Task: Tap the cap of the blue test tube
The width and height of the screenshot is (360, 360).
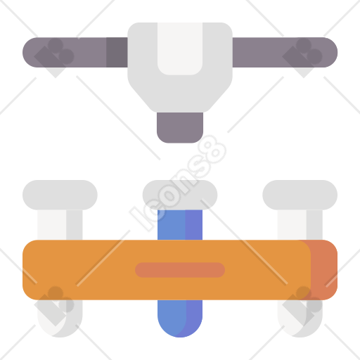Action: click(x=180, y=195)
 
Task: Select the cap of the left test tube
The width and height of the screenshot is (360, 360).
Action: click(x=60, y=195)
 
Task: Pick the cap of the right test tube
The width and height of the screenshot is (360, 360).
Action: click(x=300, y=195)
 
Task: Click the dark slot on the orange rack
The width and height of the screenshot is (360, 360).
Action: click(x=180, y=270)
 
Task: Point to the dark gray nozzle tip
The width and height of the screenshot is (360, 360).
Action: click(x=180, y=127)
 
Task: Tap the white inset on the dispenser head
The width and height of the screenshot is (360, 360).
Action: click(x=180, y=49)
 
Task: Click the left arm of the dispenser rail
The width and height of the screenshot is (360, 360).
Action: click(x=75, y=52)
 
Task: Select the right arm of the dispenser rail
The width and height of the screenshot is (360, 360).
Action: click(x=285, y=52)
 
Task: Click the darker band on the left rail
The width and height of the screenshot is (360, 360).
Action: click(x=117, y=52)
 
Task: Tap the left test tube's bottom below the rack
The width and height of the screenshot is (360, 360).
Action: click(x=60, y=319)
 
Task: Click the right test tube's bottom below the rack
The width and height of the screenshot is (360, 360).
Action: click(x=300, y=319)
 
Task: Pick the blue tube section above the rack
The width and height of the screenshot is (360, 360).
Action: click(x=180, y=225)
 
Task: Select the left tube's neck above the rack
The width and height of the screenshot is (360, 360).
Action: click(x=60, y=225)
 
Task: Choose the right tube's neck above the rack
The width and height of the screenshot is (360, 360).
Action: click(x=300, y=225)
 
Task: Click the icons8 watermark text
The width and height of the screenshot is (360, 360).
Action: click(x=178, y=184)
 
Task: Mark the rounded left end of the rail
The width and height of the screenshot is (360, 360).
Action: click(x=30, y=52)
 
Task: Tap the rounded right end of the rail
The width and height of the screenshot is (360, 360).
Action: click(x=330, y=52)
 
